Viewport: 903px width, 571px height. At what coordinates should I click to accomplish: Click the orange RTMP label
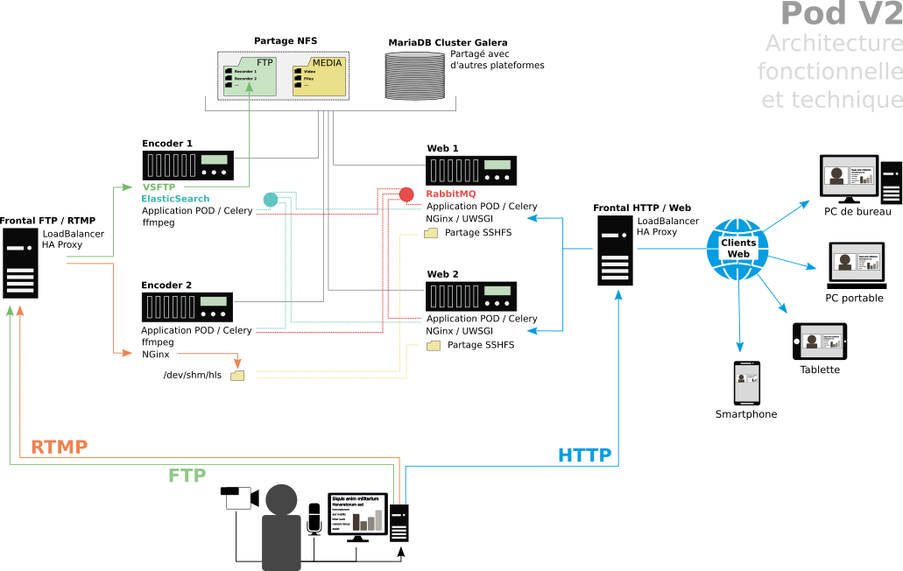(59, 447)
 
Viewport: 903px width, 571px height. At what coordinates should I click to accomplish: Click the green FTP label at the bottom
(187, 476)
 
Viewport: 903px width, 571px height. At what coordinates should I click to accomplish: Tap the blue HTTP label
(584, 455)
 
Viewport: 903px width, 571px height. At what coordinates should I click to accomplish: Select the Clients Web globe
(737, 250)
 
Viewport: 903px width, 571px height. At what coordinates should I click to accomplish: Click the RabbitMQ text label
(451, 194)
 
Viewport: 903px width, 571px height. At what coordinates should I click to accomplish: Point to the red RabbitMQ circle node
(406, 194)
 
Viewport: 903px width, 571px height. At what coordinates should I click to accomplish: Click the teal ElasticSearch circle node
(271, 200)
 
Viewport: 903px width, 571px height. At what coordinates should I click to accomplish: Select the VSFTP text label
(160, 187)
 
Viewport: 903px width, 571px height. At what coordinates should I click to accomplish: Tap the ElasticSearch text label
(175, 199)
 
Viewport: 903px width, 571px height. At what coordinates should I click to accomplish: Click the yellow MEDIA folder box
(318, 76)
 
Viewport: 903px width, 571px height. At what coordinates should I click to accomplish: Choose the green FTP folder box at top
(250, 76)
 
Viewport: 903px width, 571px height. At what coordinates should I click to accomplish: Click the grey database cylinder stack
(415, 76)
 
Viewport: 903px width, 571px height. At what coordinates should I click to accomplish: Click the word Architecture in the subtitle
(833, 43)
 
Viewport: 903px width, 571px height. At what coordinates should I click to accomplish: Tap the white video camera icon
(243, 497)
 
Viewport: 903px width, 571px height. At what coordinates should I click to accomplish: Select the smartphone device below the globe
(746, 383)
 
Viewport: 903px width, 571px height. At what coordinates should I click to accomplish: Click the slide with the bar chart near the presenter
(357, 513)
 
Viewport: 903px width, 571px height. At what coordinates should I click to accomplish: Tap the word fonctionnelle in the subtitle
(829, 72)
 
